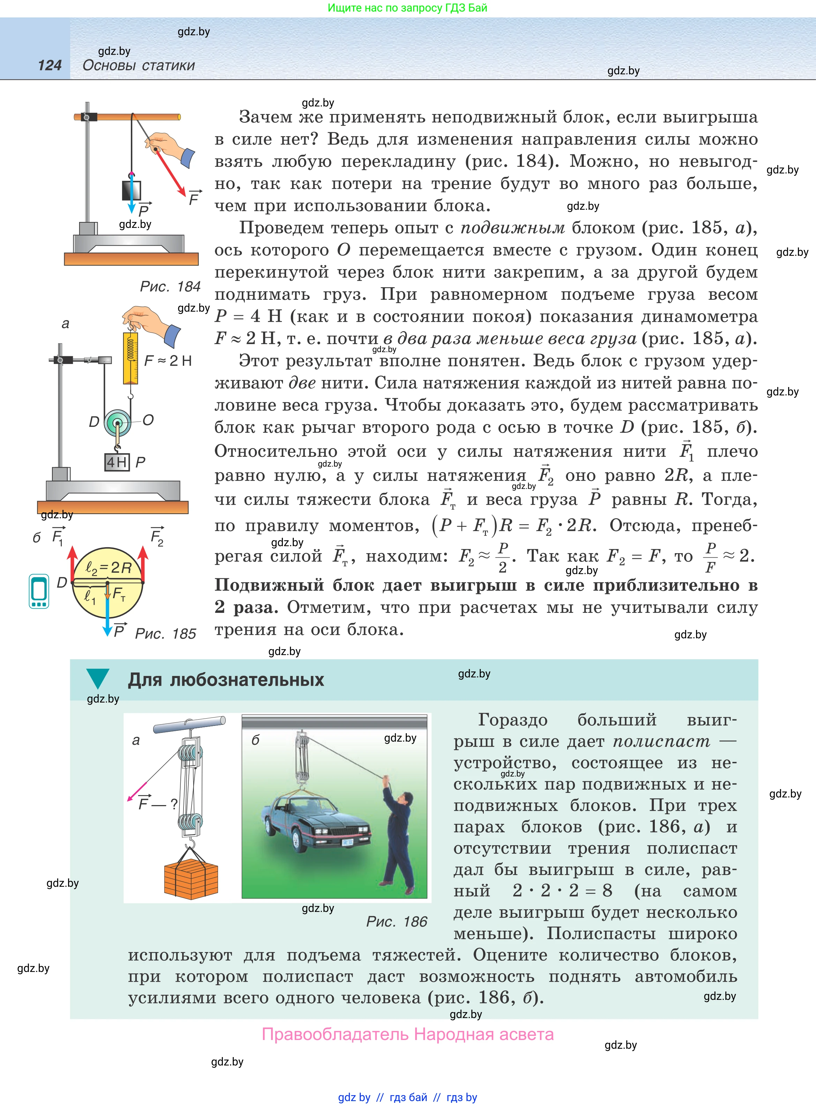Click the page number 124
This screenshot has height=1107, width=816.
tap(50, 65)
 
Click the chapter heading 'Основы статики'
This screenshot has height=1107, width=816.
tap(139, 65)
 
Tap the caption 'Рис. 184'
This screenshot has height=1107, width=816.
tap(170, 287)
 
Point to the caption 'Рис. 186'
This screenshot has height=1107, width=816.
tap(396, 921)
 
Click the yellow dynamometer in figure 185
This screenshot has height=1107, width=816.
tap(131, 358)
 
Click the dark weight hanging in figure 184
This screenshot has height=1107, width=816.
tap(132, 190)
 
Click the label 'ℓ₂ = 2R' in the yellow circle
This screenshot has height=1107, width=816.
tap(108, 567)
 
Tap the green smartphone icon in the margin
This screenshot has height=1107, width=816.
tap(39, 591)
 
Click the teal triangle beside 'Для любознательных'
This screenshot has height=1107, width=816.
tap(97, 678)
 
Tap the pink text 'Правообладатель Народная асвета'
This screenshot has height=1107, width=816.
tap(407, 1034)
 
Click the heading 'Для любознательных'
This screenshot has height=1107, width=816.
tap(226, 680)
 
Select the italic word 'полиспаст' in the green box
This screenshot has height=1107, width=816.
tap(661, 741)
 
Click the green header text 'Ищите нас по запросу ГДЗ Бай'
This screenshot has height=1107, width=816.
tap(407, 8)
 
